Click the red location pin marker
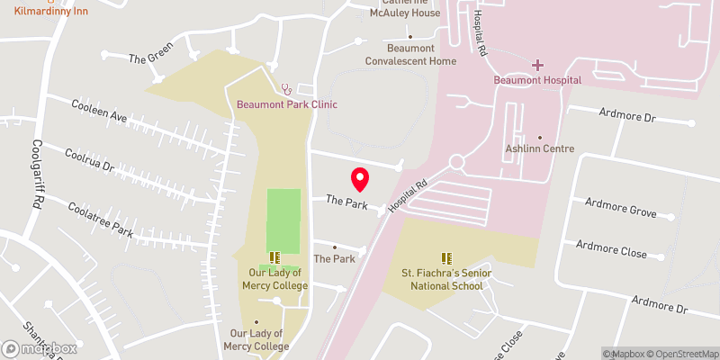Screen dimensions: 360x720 [360, 179]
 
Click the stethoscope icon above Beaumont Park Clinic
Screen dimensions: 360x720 [287, 89]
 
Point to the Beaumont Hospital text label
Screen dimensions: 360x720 [537, 80]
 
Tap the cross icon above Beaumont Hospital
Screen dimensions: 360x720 [538, 65]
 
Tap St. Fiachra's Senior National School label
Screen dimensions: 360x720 [445, 279]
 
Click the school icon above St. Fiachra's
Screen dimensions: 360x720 [445, 258]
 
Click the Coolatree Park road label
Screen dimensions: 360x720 [100, 219]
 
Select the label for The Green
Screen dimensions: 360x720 [149, 58]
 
